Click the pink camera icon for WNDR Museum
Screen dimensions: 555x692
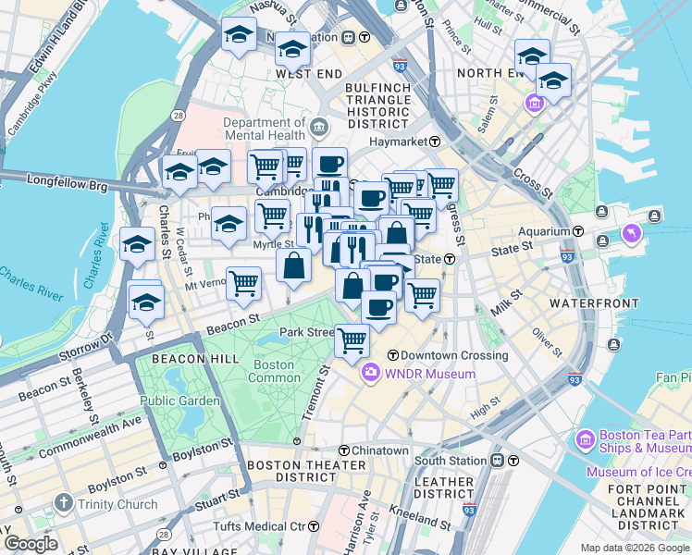(371, 374)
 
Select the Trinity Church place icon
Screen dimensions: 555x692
(63, 503)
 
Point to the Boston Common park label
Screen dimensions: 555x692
(275, 371)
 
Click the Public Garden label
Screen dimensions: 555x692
(180, 401)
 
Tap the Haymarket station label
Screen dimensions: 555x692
(398, 142)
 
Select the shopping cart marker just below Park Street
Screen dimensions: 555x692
(352, 341)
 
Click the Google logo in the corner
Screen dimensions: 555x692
(31, 543)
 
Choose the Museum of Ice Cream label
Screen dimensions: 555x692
(637, 473)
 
